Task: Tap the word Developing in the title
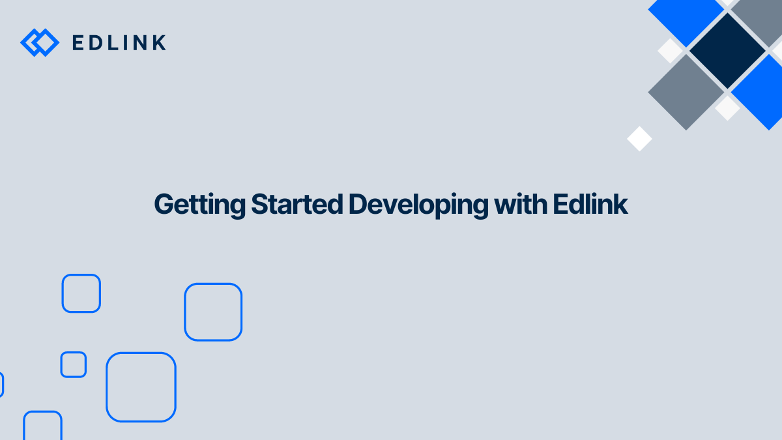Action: [x=418, y=205]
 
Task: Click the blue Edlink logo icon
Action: [x=40, y=42]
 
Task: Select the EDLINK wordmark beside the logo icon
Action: [x=119, y=43]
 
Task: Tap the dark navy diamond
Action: [x=727, y=51]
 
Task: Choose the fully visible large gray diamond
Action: [x=686, y=91]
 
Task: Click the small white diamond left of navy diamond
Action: [x=669, y=51]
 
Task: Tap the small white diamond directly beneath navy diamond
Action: [x=727, y=108]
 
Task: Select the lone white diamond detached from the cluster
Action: [x=639, y=139]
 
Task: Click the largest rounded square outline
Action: [x=141, y=387]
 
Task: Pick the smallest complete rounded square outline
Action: [x=74, y=364]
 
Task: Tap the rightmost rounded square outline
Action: [x=213, y=312]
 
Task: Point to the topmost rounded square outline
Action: [x=81, y=293]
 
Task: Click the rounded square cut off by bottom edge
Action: [x=43, y=426]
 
